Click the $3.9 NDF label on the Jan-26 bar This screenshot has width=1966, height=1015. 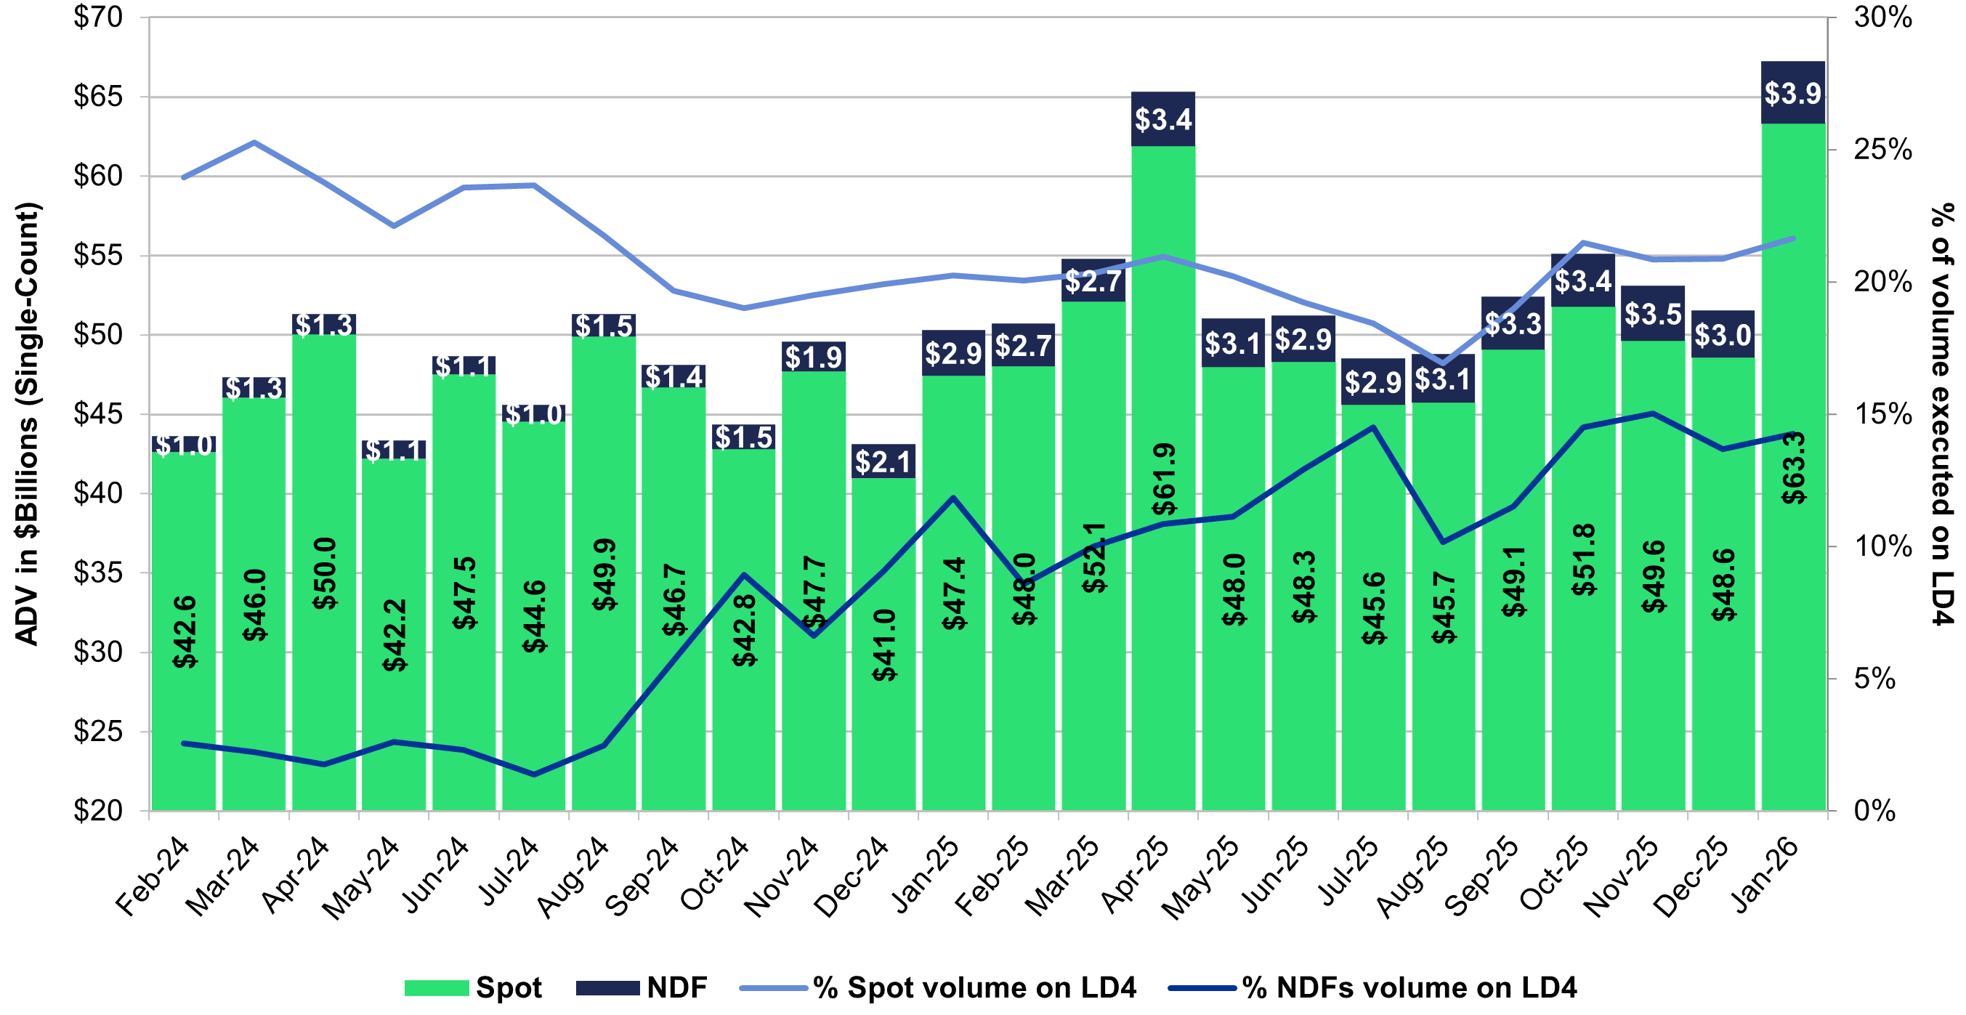point(1793,93)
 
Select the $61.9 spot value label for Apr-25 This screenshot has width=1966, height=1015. point(1164,480)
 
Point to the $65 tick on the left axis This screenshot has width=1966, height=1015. point(97,96)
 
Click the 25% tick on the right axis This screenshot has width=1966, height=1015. point(1882,150)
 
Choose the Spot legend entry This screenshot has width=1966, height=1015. point(473,987)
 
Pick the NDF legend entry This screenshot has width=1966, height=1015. point(642,987)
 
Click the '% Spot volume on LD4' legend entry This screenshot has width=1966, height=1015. point(939,987)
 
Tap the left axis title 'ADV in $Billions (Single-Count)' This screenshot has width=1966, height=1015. point(28,424)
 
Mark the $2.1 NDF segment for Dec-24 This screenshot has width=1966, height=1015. point(883,461)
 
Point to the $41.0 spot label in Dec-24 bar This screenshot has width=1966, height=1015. point(884,645)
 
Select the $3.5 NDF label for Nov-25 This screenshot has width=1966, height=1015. point(1652,314)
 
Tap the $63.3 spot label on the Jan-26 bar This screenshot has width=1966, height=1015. point(1794,468)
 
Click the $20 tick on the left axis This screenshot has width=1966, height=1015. point(97,810)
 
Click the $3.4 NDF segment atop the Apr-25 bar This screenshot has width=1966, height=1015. point(1163,119)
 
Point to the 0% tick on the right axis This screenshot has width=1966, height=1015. point(1875,810)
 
